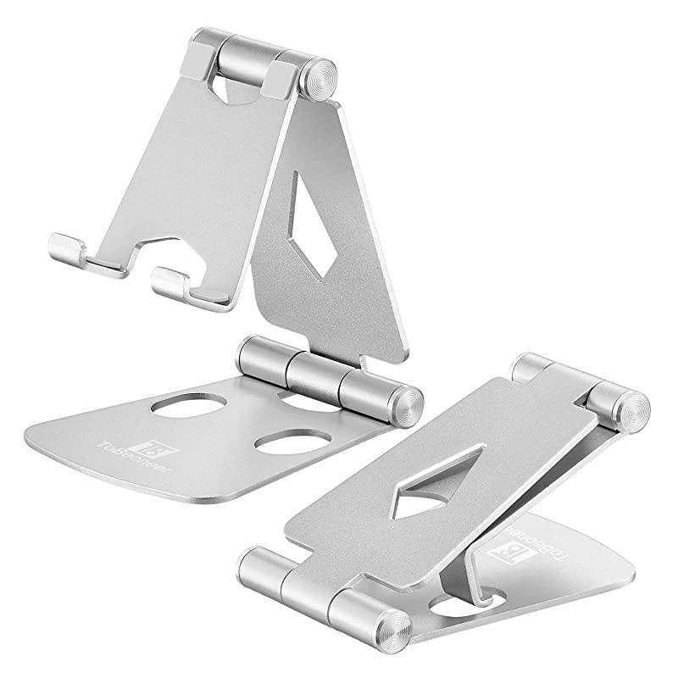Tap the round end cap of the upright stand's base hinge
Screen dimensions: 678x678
point(408,403)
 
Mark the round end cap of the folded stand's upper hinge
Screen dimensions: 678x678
point(632,406)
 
